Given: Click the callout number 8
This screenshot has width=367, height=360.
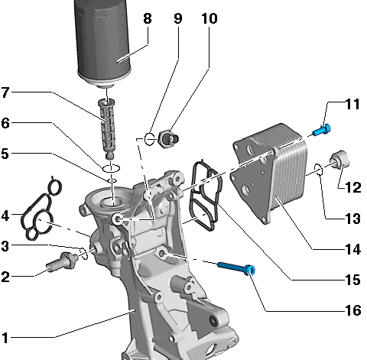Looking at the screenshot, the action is (148, 18).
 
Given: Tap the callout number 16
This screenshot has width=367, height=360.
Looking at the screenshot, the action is (353, 310).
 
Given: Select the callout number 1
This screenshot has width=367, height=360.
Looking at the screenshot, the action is (5, 338).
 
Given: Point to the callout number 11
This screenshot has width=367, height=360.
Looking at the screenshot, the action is (352, 104).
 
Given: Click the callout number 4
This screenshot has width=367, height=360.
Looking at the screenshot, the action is (5, 216).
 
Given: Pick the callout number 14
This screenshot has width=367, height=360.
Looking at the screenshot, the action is (353, 249).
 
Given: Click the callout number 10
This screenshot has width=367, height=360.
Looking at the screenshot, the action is (209, 18).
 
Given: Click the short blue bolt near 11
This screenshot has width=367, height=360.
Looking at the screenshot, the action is (322, 130).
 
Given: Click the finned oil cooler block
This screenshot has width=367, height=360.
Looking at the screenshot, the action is (269, 174).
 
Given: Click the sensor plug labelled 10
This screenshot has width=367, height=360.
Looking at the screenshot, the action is (168, 138).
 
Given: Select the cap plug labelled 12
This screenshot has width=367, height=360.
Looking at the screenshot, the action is (339, 159).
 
